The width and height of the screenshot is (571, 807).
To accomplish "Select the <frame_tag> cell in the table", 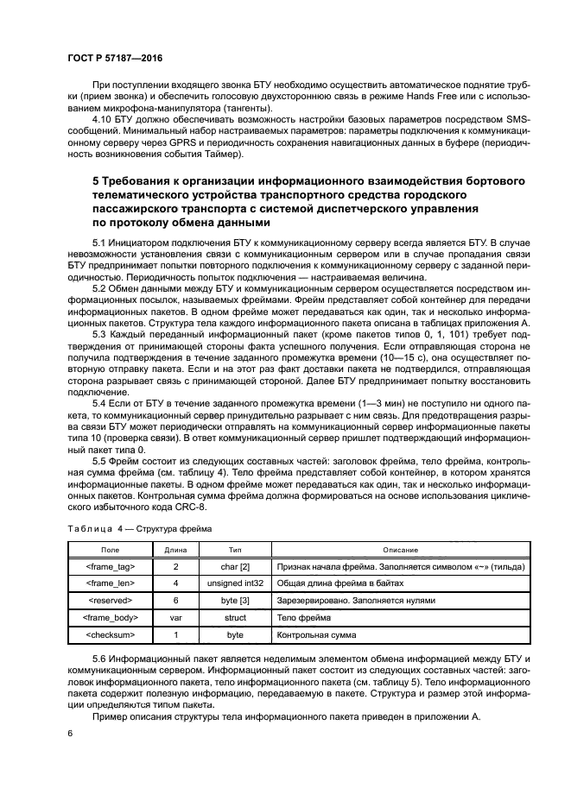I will click(110, 567).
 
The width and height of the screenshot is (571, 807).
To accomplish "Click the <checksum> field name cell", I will click(110, 634).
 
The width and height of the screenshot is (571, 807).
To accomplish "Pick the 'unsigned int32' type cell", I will click(235, 584).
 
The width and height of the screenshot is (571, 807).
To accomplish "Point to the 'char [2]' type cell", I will click(235, 567).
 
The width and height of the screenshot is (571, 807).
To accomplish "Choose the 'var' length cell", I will click(175, 618).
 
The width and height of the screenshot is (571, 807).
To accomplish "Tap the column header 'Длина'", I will click(175, 550).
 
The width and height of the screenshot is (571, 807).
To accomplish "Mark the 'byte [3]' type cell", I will click(235, 601).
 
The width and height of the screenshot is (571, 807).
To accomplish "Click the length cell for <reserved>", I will click(175, 601).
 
